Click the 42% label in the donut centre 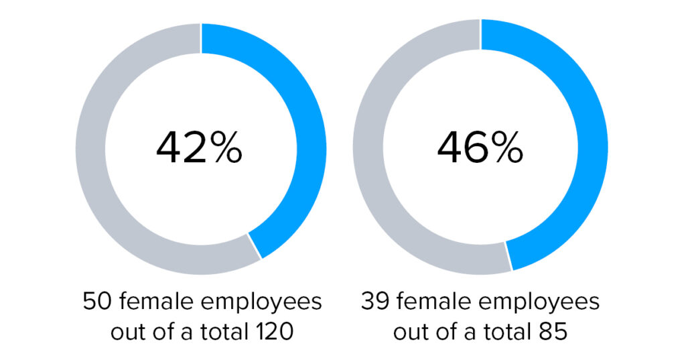point(199,149)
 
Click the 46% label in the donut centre point(480,149)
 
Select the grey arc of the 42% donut point(90,149)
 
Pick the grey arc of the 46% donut point(368,149)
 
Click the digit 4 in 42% point(168,149)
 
